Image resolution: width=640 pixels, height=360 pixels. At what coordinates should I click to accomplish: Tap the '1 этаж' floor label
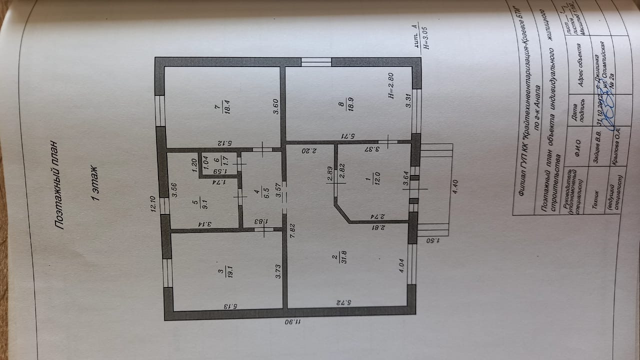point(94,184)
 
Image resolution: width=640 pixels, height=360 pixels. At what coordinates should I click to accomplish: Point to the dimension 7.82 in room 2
point(292,230)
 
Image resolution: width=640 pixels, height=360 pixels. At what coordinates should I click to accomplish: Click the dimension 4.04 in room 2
point(401,264)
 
